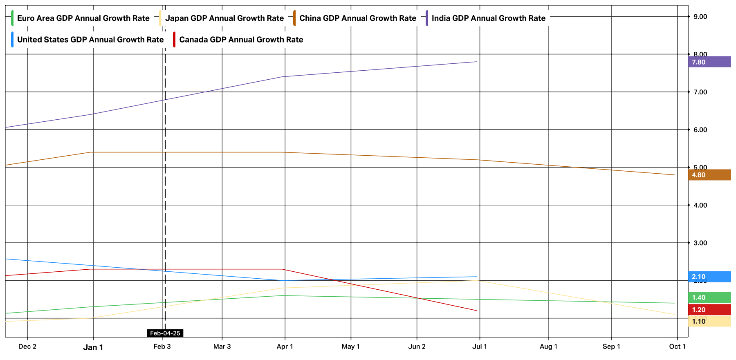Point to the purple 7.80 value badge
pyautogui.click(x=709, y=62)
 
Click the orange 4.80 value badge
pyautogui.click(x=709, y=175)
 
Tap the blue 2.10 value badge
pyautogui.click(x=709, y=277)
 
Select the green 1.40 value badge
pyautogui.click(x=709, y=297)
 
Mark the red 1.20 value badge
pyautogui.click(x=709, y=310)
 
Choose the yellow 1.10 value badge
pyautogui.click(x=709, y=321)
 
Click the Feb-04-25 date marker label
pyautogui.click(x=165, y=333)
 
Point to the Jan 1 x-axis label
pyautogui.click(x=93, y=347)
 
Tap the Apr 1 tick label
pyautogui.click(x=285, y=347)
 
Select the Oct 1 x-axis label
pyautogui.click(x=677, y=347)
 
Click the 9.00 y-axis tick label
pyautogui.click(x=700, y=17)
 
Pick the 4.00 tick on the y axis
pyautogui.click(x=700, y=205)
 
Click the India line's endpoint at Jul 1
pyautogui.click(x=477, y=62)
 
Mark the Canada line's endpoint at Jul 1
pyautogui.click(x=477, y=311)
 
